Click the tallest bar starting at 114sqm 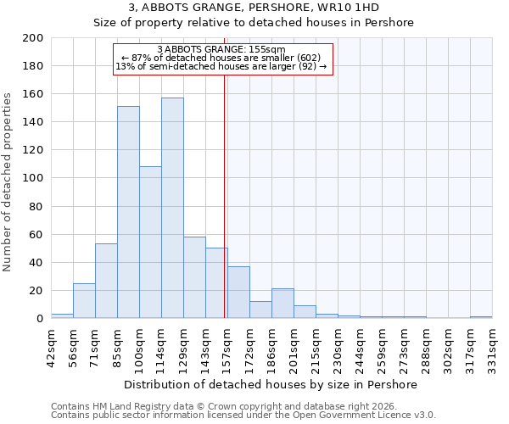pos(172,208)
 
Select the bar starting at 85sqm pos(128,212)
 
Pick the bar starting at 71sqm pos(106,281)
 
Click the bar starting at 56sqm pos(84,300)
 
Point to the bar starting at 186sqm pos(282,304)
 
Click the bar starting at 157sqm pos(238,293)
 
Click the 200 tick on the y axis pos(33,38)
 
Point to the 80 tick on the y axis pos(36,206)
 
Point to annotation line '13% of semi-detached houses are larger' pos(221,66)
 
